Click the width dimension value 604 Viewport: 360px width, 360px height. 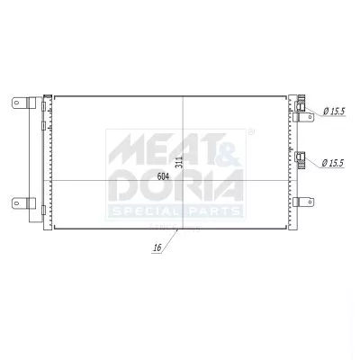tap(162, 176)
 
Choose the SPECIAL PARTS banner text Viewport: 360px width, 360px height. tap(175, 211)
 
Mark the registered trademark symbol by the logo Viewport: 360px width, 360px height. tap(249, 132)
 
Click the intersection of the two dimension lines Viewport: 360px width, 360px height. tap(183, 182)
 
